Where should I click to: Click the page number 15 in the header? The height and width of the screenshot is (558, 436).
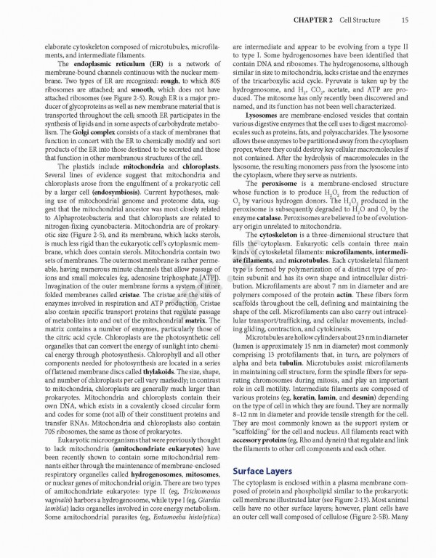click(x=403, y=9)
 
